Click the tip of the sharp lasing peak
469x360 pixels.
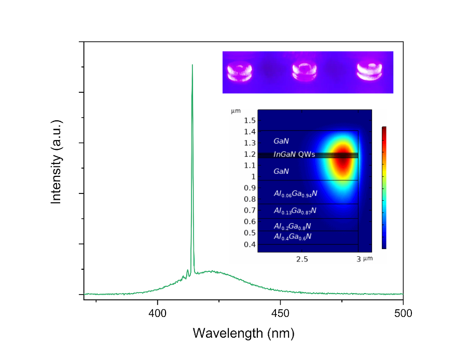pyautogui.click(x=192, y=65)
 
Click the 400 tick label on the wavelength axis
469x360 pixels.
pyautogui.click(x=158, y=313)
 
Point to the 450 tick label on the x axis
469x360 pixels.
pyautogui.click(x=280, y=313)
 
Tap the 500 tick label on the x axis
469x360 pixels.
pyautogui.click(x=403, y=313)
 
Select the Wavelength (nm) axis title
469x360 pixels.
pyautogui.click(x=243, y=333)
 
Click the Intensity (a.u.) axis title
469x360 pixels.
pyautogui.click(x=56, y=161)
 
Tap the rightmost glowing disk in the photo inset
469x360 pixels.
pyautogui.click(x=371, y=71)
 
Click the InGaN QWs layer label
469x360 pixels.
pyautogui.click(x=294, y=154)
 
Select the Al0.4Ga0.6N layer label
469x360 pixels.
pyautogui.click(x=293, y=237)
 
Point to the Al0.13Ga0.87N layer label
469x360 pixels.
pyautogui.click(x=295, y=211)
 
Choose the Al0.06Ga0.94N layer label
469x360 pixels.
pyautogui.click(x=295, y=193)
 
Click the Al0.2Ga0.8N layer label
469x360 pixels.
pyautogui.click(x=293, y=226)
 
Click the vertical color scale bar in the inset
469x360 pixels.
pyautogui.click(x=384, y=188)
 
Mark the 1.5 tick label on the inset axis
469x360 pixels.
pyautogui.click(x=250, y=120)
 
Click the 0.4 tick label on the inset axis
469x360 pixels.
pyautogui.click(x=250, y=244)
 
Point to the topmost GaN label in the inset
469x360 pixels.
pyautogui.click(x=281, y=141)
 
